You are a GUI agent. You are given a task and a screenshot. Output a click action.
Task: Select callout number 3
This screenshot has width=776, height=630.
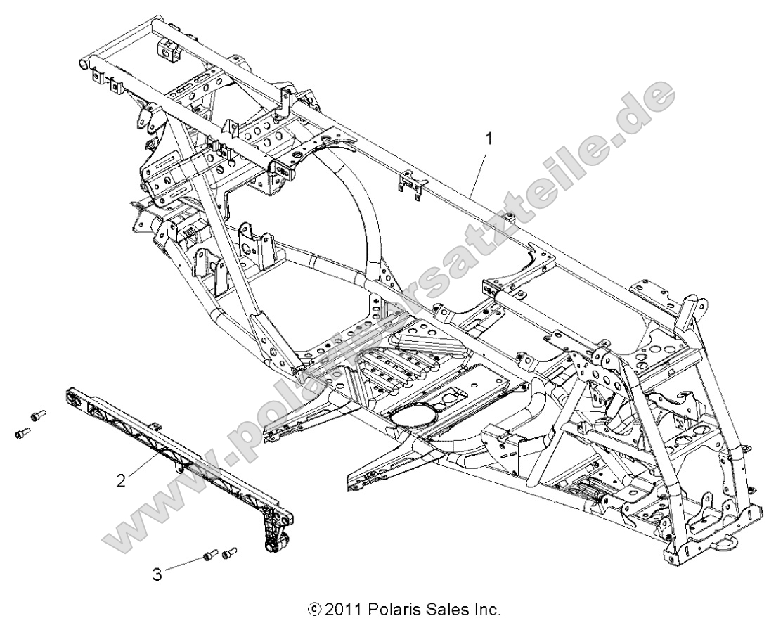coord(157,574)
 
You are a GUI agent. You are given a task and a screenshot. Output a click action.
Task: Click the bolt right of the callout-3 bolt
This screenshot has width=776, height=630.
coord(229,554)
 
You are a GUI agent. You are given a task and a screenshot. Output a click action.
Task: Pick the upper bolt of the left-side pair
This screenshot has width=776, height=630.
coord(37,416)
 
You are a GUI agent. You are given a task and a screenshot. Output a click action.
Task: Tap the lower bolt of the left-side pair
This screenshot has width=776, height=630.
coord(22,435)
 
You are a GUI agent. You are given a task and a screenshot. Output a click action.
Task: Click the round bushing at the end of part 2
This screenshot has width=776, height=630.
coord(275,547)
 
